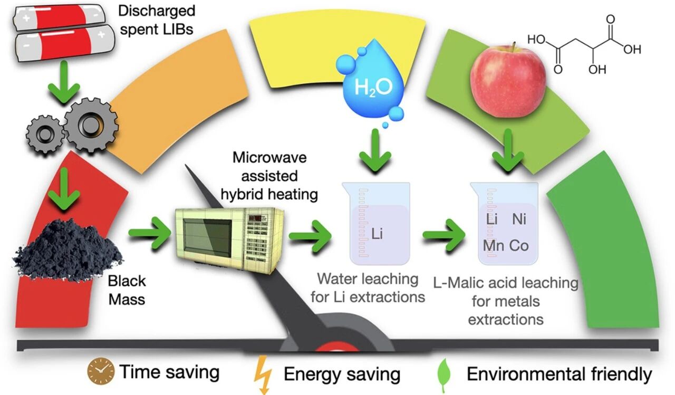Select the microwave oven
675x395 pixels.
coord(230,237)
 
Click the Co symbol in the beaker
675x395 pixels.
coord(519,246)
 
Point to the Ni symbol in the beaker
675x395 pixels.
coord(519,219)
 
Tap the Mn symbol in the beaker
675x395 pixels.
coord(493,246)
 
